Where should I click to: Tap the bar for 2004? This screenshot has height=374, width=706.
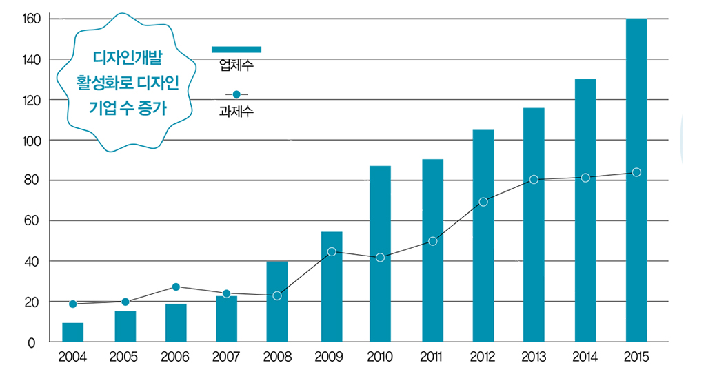click(x=73, y=332)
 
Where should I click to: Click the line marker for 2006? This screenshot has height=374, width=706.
click(x=176, y=287)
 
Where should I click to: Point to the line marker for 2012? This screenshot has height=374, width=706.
click(x=483, y=202)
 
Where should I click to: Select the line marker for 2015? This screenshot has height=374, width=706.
click(x=636, y=172)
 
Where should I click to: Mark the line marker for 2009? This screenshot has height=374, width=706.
click(x=332, y=251)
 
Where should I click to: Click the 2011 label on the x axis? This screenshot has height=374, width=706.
click(x=432, y=357)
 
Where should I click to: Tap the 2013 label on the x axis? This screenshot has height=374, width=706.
click(x=534, y=357)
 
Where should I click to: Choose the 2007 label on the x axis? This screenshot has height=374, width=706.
click(x=227, y=357)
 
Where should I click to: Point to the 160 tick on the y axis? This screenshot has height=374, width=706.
click(x=32, y=19)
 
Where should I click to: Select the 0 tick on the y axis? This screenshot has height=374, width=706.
click(x=32, y=342)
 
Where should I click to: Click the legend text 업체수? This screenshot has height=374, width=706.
click(x=236, y=65)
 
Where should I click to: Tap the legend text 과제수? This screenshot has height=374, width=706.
click(x=236, y=110)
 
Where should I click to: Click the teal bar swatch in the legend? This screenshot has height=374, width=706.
click(x=236, y=49)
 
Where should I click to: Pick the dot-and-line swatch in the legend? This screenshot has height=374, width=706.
click(x=236, y=94)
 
